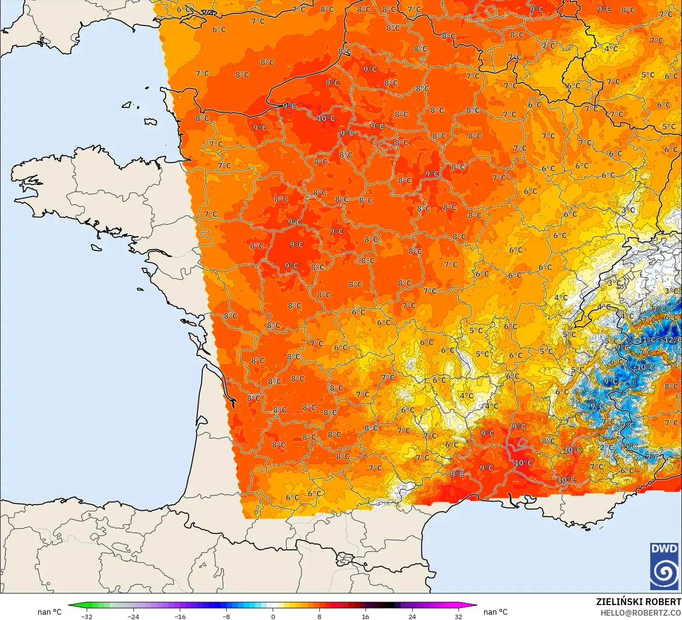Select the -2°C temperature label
(606, 447)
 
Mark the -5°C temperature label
(630, 446)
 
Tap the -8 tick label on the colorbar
(226, 616)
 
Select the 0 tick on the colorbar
(273, 616)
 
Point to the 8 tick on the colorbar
(319, 616)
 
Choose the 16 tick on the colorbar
(365, 616)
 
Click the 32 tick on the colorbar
(458, 616)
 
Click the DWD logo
(664, 566)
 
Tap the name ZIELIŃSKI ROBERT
(638, 602)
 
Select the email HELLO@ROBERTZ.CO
(641, 612)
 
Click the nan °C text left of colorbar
(50, 612)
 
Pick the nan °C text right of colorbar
(495, 612)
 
